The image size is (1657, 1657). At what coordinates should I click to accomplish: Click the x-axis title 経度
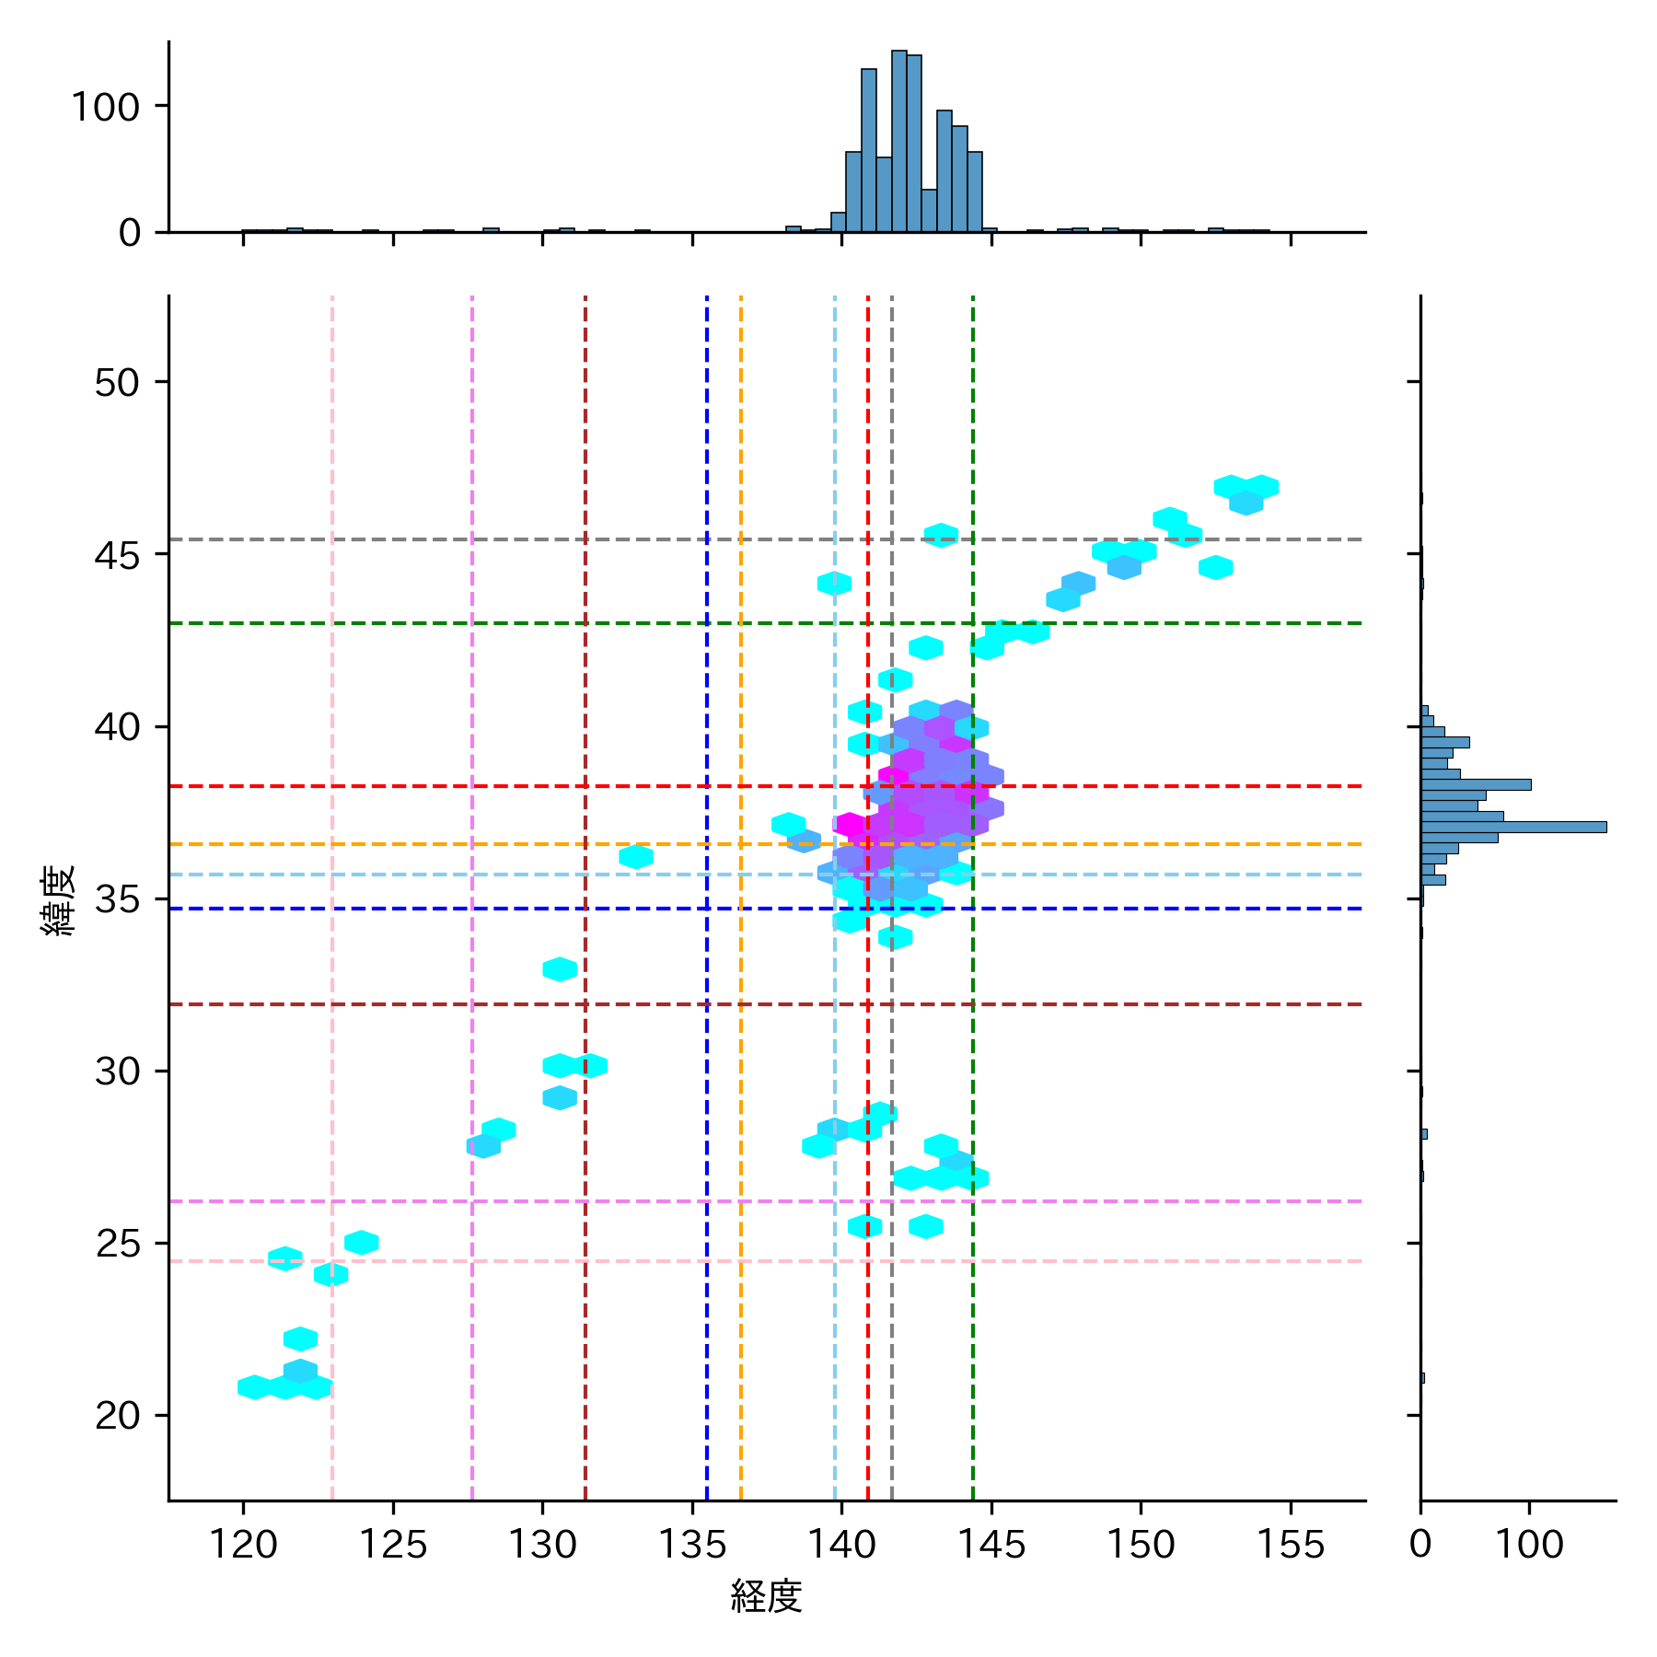[x=766, y=1597]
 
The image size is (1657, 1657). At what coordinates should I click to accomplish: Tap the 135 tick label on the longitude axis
[x=692, y=1545]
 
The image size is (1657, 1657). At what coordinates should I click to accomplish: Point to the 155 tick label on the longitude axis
[x=1290, y=1545]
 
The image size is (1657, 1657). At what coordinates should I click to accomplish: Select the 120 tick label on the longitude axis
[x=243, y=1545]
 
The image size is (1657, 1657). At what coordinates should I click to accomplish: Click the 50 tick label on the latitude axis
[x=117, y=383]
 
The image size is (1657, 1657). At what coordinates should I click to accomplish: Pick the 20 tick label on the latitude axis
[x=117, y=1416]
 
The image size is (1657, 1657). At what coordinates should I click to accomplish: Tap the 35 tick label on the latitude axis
[x=117, y=899]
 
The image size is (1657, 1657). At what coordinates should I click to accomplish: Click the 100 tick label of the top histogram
[x=105, y=108]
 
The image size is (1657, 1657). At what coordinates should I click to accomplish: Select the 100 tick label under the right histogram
[x=1529, y=1545]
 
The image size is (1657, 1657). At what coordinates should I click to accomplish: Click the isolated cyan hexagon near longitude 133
[x=636, y=857]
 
